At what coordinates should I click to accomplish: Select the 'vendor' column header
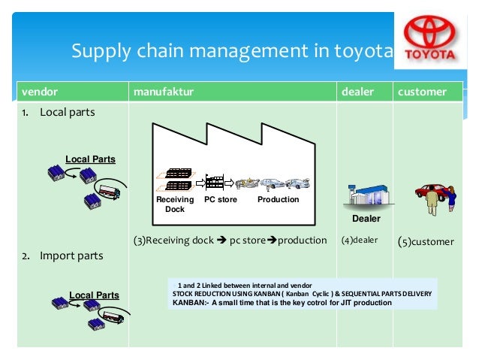point(34,92)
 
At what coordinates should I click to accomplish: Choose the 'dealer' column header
point(357,92)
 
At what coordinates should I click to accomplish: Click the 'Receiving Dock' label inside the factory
point(174,204)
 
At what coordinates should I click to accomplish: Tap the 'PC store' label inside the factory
point(221,200)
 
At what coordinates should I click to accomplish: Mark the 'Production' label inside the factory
point(278,200)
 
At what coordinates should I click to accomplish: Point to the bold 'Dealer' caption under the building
point(366,219)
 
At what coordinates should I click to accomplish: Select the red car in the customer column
point(433,192)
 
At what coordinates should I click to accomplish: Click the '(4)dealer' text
point(360,241)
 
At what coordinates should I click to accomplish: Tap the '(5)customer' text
point(426,242)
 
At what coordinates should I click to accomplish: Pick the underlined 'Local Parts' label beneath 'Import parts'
point(94,294)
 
